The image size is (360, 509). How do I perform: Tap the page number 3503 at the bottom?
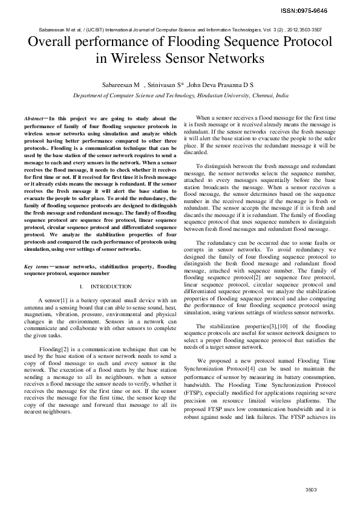click(311, 490)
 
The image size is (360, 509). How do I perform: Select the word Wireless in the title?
click(139, 59)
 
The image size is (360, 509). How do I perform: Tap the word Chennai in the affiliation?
click(261, 96)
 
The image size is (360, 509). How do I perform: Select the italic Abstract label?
click(33, 119)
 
